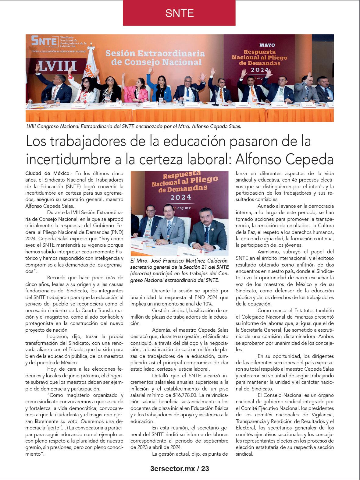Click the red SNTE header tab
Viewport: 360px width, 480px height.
point(179,13)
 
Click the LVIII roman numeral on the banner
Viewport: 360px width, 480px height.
point(58,65)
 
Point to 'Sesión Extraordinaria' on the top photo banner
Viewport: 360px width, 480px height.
point(155,54)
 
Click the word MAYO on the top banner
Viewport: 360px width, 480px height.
point(267,45)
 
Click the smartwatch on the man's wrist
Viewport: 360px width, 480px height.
point(169,241)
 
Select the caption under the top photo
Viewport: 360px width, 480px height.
point(134,126)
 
